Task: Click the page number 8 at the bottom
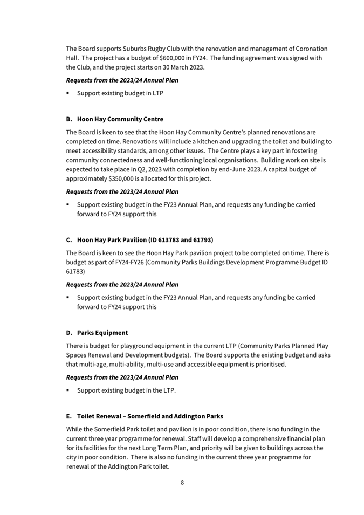click(182, 483)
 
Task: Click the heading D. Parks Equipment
click(97, 332)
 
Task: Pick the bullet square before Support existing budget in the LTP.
click(68, 390)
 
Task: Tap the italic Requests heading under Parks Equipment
click(122, 377)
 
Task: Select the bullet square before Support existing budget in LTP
click(68, 93)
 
